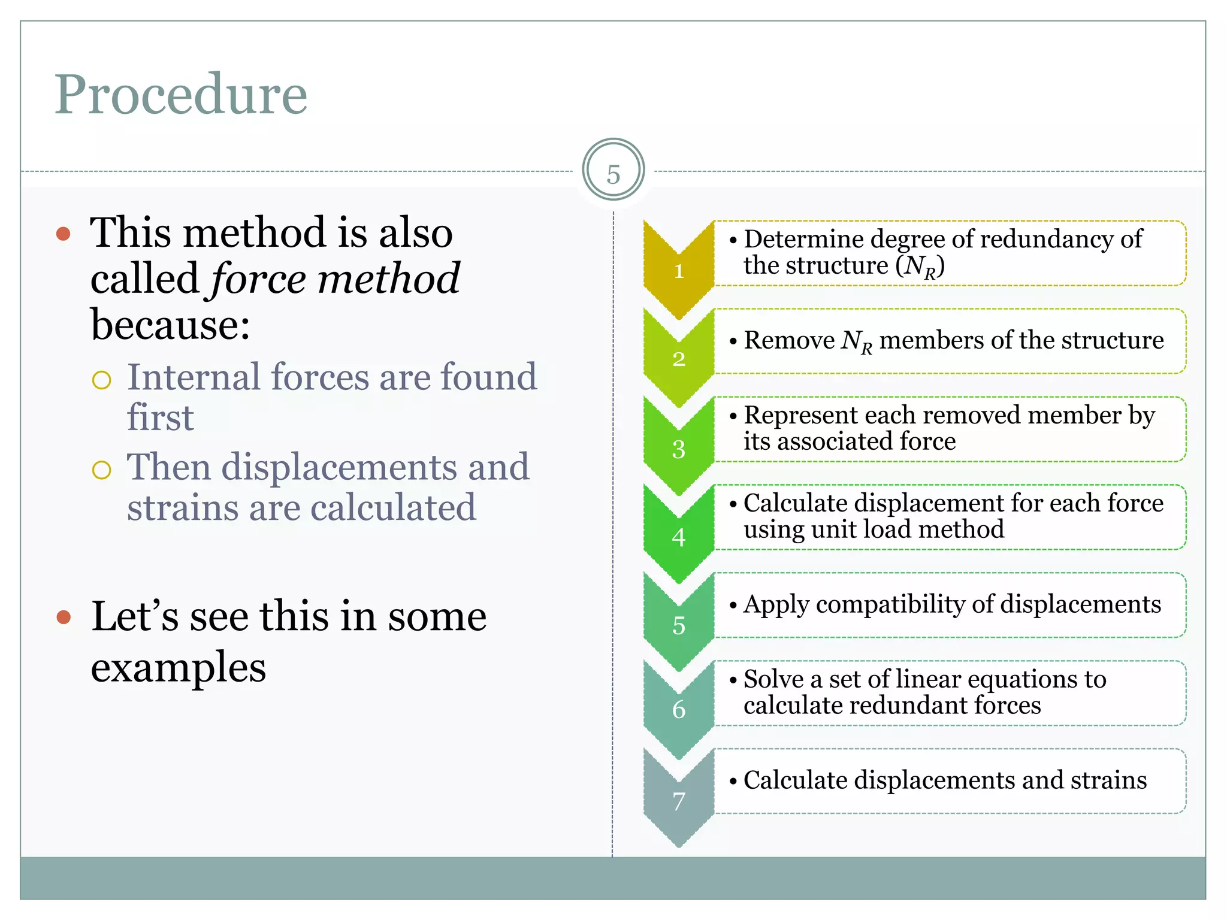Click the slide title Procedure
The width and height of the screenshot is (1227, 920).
coord(181,95)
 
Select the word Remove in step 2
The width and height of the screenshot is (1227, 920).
coord(789,340)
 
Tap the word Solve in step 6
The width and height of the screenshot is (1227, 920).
coord(773,679)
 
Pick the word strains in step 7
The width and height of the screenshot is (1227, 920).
coord(1108,780)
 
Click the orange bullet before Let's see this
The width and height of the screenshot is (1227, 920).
coord(64,617)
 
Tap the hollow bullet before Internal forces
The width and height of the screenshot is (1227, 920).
coord(102,380)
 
